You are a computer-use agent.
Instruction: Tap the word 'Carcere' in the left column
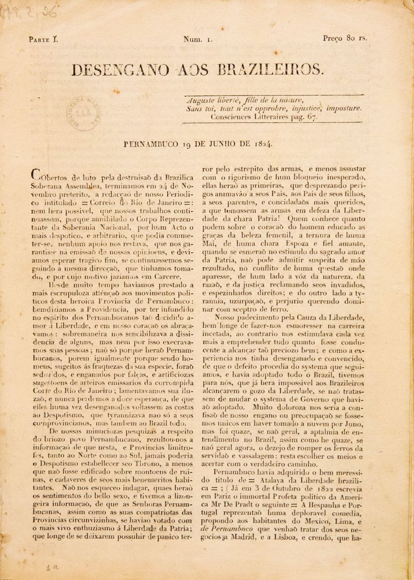(x=167, y=277)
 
